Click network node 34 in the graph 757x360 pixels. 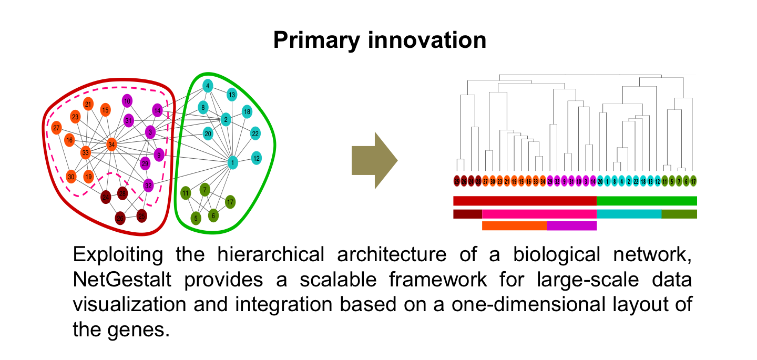(x=111, y=144)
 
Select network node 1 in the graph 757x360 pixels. (x=232, y=163)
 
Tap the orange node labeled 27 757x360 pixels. (x=56, y=128)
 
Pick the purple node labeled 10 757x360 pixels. (x=127, y=101)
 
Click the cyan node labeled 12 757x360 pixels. (x=257, y=158)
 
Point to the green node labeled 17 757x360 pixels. (x=230, y=201)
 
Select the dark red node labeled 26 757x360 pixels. (x=120, y=218)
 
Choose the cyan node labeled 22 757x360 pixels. (x=255, y=133)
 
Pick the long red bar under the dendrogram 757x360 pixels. (x=525, y=201)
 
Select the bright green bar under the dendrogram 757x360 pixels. (x=647, y=201)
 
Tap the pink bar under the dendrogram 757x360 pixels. (x=539, y=214)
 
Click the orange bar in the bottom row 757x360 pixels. (x=514, y=225)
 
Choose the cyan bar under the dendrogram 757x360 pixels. (x=629, y=214)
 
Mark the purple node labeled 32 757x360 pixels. (x=148, y=185)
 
